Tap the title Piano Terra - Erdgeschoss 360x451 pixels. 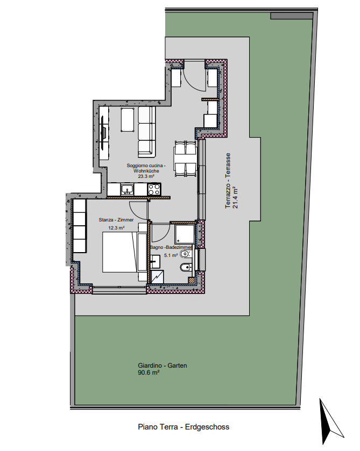[x=183, y=427]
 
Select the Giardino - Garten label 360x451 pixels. [x=163, y=366]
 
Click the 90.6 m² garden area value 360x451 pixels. [x=149, y=373]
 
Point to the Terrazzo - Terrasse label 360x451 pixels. [x=228, y=181]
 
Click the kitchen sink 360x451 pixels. [x=127, y=189]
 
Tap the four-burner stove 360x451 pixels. [x=154, y=189]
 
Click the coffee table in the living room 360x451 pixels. [x=128, y=120]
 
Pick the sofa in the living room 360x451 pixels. [x=146, y=132]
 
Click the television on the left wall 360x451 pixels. [x=103, y=132]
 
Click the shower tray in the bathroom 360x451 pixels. [x=185, y=233]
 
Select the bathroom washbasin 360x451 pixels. [x=155, y=261]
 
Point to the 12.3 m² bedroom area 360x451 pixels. [x=116, y=228]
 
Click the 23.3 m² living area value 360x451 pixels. [x=146, y=176]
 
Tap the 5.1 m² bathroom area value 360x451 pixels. [x=171, y=255]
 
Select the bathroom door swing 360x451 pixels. [x=160, y=233]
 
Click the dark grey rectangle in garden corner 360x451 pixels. [x=293, y=16]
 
